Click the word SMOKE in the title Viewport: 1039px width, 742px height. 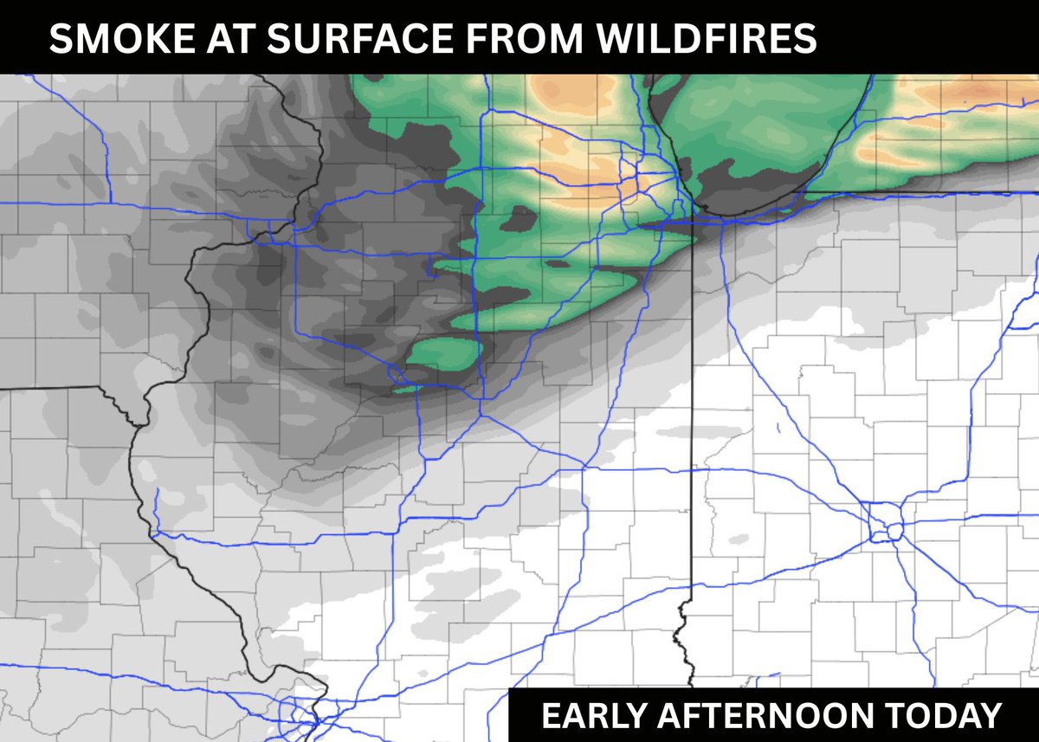[104, 39]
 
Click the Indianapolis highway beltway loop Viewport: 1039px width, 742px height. [887, 526]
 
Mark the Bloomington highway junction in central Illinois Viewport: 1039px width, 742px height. [481, 416]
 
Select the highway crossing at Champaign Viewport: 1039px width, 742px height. [584, 468]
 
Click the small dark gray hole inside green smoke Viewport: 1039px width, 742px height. [519, 218]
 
